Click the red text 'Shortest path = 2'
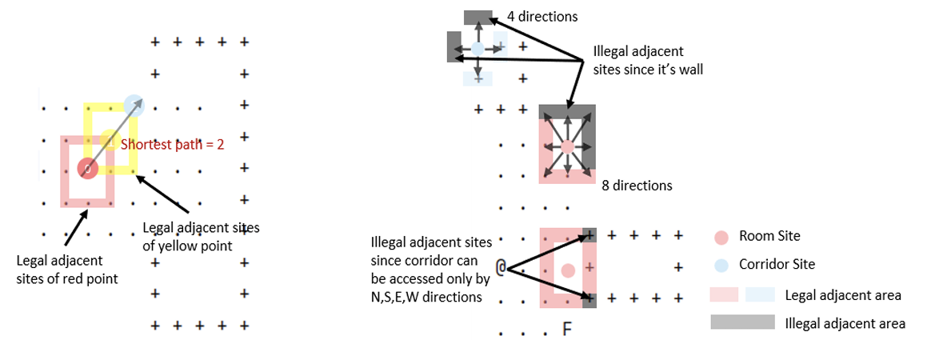(172, 145)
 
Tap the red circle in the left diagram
(87, 169)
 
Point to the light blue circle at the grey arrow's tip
(134, 105)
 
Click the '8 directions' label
(637, 185)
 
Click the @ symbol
(501, 266)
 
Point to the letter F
(567, 329)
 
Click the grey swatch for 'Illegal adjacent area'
(742, 322)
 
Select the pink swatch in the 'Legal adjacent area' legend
(725, 295)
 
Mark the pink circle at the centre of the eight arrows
(567, 147)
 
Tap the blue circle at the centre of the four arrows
(477, 49)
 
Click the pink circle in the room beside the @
(568, 270)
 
